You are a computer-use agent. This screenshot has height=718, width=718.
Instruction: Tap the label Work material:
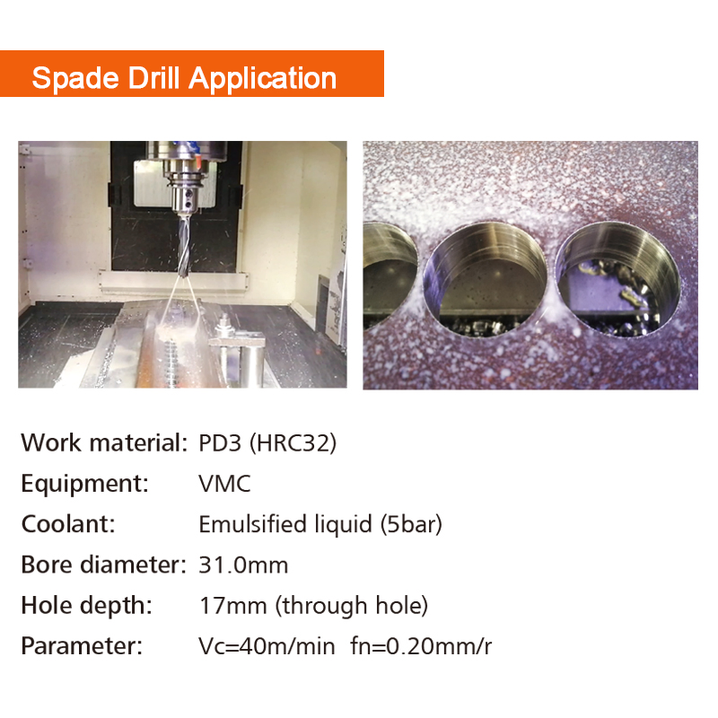click(x=102, y=442)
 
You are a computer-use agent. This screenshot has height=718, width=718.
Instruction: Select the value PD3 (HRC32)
click(x=267, y=442)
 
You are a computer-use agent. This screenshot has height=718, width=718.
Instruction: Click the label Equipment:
click(x=84, y=484)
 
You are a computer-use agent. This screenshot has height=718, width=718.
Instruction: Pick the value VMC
click(x=224, y=484)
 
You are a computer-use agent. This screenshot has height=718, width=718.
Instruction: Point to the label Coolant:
click(x=68, y=524)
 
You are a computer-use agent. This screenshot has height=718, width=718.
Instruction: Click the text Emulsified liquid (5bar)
click(x=320, y=524)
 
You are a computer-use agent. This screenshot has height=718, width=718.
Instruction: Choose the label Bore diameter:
click(x=102, y=565)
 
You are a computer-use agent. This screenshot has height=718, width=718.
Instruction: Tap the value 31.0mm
click(x=243, y=565)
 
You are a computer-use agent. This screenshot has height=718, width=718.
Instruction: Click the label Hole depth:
click(x=86, y=606)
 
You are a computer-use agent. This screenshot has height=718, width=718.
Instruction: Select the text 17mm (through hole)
click(x=313, y=606)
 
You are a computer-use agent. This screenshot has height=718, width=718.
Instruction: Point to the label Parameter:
click(x=82, y=646)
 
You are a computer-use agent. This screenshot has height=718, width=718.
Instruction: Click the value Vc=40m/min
click(x=267, y=646)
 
